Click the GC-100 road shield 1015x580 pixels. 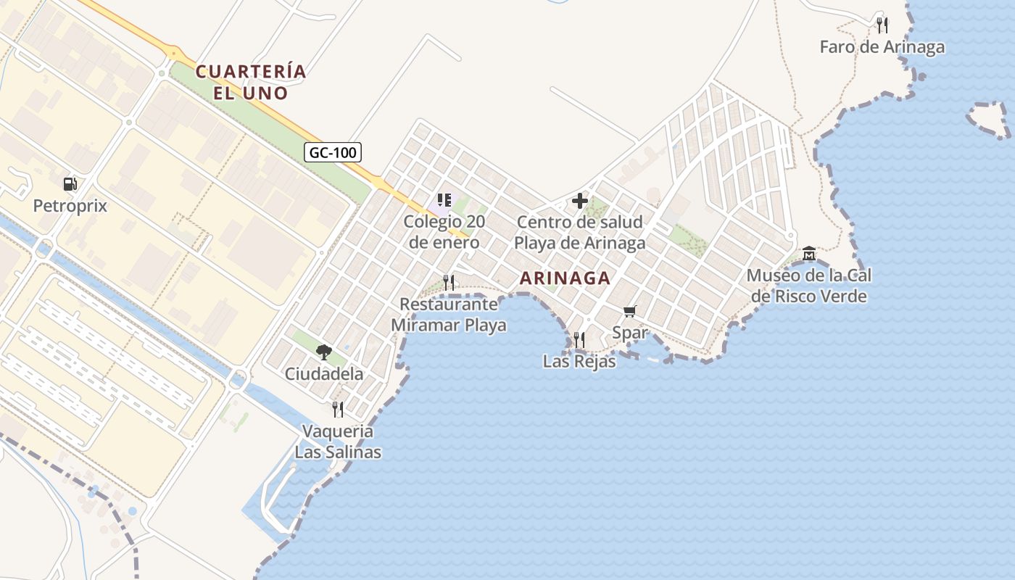(x=332, y=152)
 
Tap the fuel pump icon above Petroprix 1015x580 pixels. (x=70, y=184)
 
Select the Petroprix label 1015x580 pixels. (x=70, y=206)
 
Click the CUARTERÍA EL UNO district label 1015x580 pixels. (x=251, y=82)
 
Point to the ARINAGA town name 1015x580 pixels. (x=565, y=278)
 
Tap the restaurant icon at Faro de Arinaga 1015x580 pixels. (x=882, y=25)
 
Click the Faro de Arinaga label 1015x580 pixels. (x=882, y=47)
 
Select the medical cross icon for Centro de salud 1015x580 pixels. (x=580, y=201)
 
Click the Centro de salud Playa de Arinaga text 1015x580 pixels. (x=580, y=232)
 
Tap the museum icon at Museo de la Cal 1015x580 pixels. (x=809, y=254)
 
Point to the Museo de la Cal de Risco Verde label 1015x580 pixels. (x=809, y=286)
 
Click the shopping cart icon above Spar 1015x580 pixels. (x=630, y=311)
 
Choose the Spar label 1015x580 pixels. (x=630, y=333)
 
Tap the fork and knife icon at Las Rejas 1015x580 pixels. (x=579, y=339)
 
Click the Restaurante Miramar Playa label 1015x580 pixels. (x=449, y=315)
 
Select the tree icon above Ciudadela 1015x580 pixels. (x=323, y=352)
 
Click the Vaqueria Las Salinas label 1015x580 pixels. (x=338, y=442)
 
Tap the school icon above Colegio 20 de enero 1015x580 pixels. (x=444, y=200)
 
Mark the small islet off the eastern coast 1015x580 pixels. (x=989, y=119)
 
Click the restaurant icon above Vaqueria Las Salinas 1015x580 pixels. (x=338, y=410)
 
